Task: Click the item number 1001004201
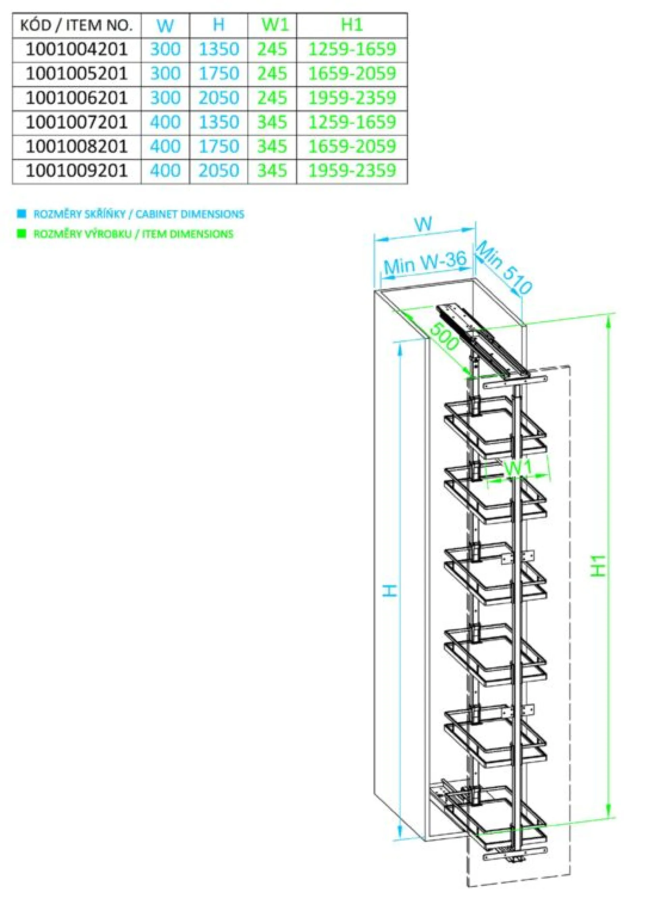click(x=77, y=50)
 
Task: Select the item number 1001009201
click(x=77, y=171)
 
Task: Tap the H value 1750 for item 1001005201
click(x=219, y=74)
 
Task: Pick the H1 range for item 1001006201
click(x=352, y=98)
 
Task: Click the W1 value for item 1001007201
click(x=272, y=122)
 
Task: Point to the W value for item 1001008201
click(x=165, y=147)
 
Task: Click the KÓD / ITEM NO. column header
click(x=76, y=26)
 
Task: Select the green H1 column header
click(x=352, y=25)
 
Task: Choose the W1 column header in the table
click(x=275, y=25)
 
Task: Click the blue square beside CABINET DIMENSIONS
click(x=22, y=214)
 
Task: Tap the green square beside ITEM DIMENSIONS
click(x=22, y=233)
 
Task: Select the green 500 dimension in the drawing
click(x=444, y=336)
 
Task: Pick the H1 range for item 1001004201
click(x=352, y=50)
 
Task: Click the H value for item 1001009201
click(x=219, y=171)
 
